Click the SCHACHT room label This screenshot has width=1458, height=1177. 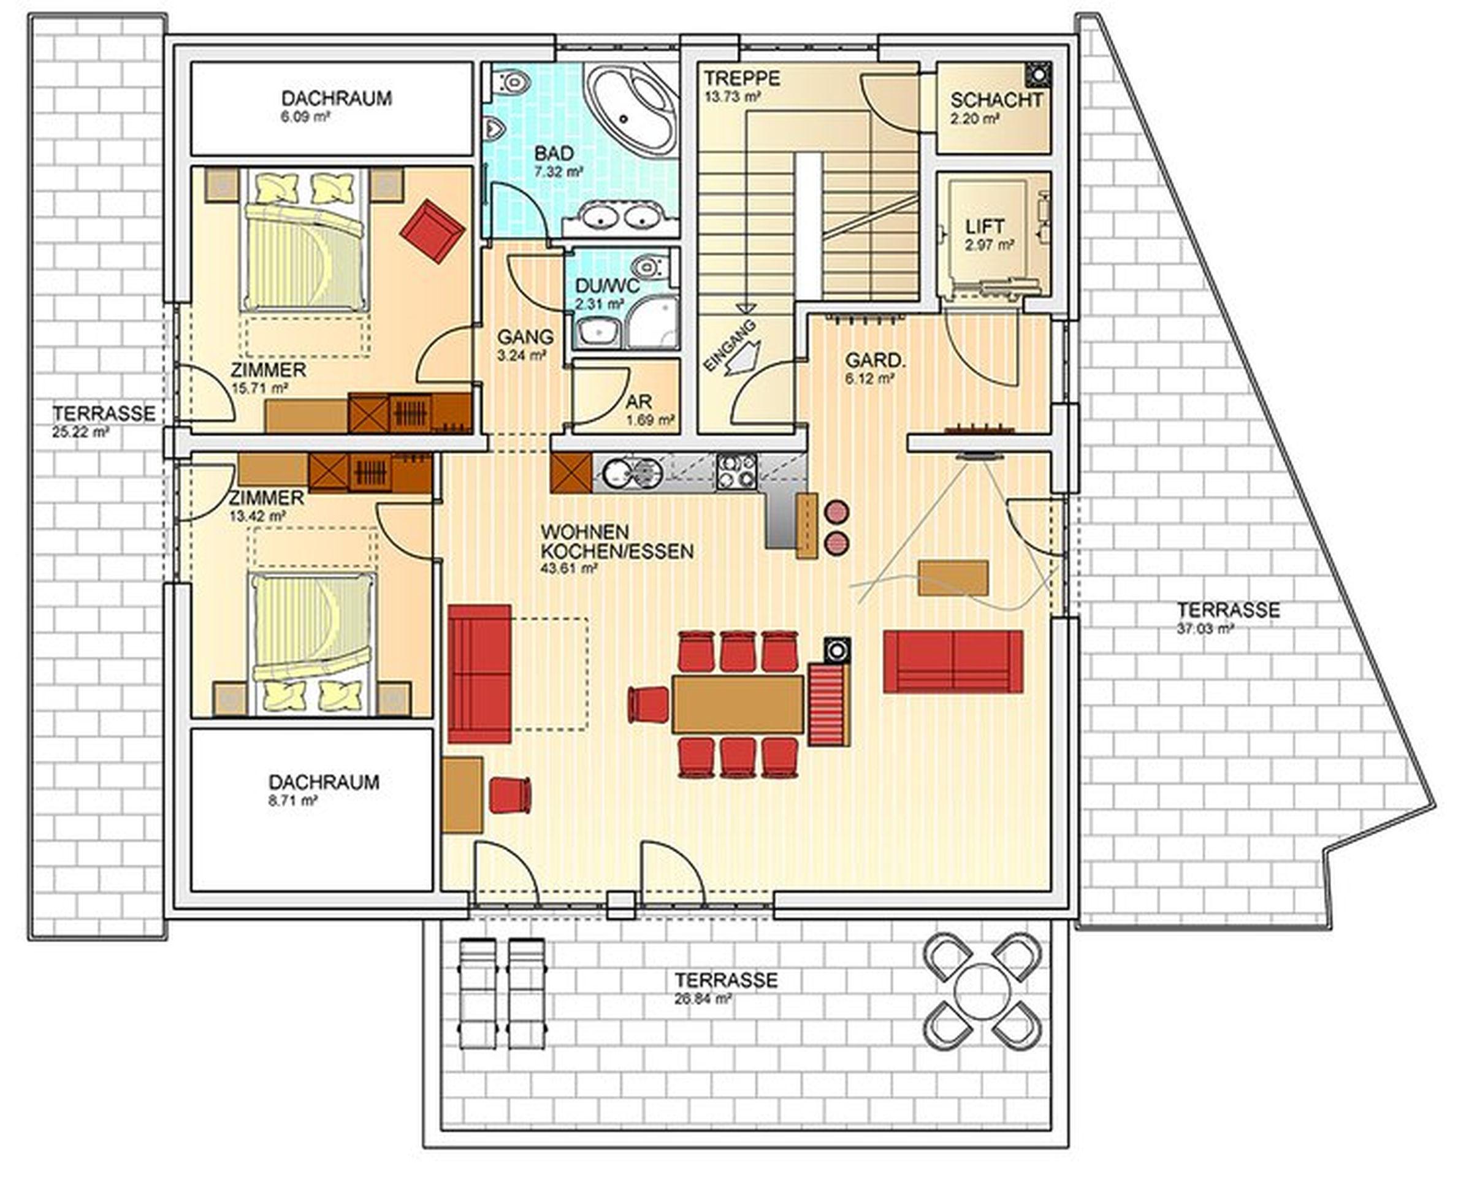996,101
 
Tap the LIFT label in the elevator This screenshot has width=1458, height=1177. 985,226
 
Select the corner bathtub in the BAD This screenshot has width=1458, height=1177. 632,109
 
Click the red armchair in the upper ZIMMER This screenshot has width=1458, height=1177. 432,230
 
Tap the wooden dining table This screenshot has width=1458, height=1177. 737,704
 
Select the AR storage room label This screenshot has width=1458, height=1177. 638,402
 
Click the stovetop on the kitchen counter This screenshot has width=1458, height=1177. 736,470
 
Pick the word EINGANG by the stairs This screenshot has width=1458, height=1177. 729,346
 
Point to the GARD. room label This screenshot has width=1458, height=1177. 875,360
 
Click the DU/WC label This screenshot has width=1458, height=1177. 607,286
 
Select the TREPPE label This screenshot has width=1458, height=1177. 741,78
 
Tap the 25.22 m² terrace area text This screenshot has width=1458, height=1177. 81,432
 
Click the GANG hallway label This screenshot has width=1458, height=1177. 525,337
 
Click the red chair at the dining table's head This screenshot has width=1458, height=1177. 650,703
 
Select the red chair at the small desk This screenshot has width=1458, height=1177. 510,795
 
